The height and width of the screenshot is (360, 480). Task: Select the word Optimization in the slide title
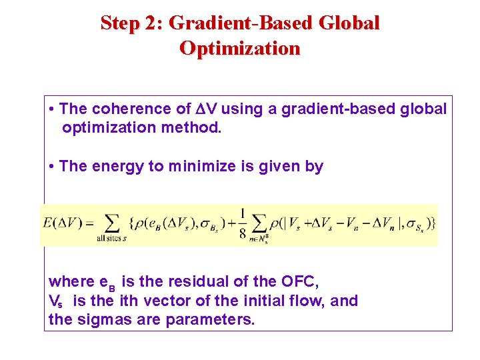pos(240,48)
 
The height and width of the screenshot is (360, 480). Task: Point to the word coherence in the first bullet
pos(123,109)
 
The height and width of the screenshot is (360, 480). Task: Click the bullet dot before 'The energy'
pos(52,167)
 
